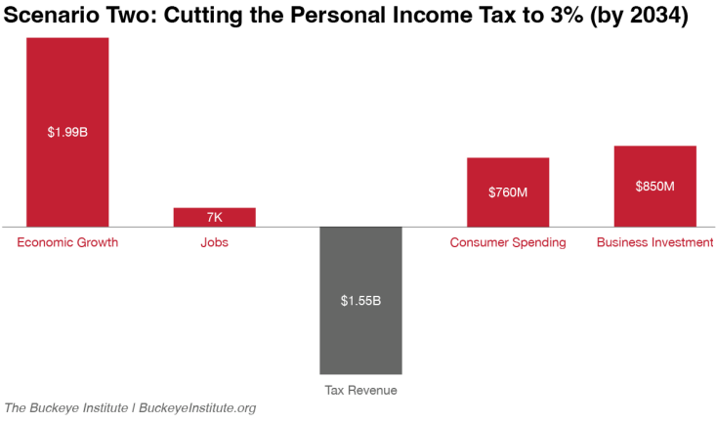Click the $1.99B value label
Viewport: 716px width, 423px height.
click(x=67, y=132)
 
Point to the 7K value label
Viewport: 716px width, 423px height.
click(x=214, y=217)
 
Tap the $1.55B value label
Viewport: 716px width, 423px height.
click(x=360, y=300)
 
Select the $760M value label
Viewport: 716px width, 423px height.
click(x=507, y=192)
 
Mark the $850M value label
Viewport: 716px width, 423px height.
click(x=654, y=186)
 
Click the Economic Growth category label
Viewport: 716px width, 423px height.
click(x=67, y=242)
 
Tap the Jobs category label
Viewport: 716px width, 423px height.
click(x=214, y=242)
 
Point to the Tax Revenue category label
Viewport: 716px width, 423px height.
click(x=360, y=390)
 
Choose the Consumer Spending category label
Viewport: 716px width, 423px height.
click(x=507, y=242)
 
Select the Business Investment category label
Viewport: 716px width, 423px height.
click(x=654, y=242)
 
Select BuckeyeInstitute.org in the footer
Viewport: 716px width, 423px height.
click(x=197, y=407)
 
